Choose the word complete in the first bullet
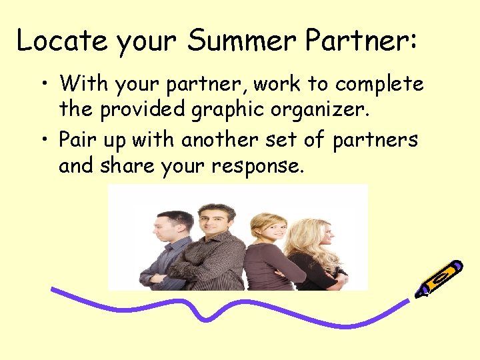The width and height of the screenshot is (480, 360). coord(379,85)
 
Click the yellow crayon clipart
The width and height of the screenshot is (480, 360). coord(439,278)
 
